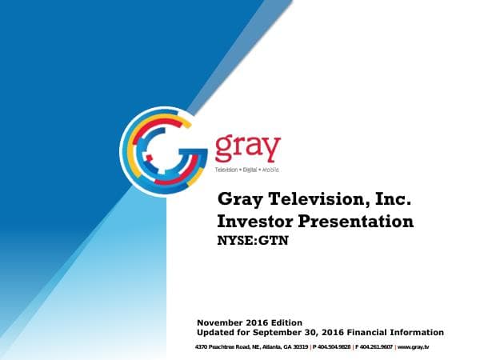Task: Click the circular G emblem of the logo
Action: (x=163, y=148)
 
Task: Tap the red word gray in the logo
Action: (x=247, y=148)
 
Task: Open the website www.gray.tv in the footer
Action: (x=414, y=347)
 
